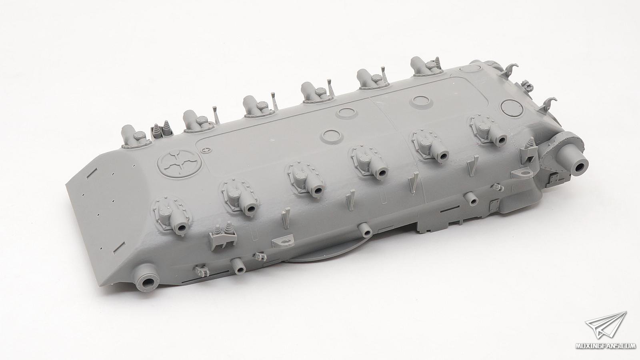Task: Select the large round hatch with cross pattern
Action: [180, 162]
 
